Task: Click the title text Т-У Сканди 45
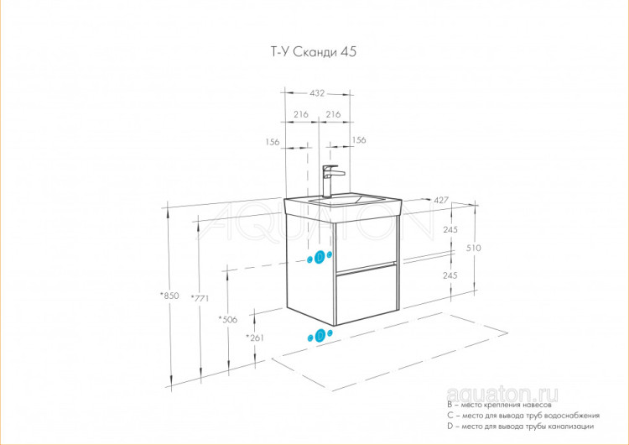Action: click(x=314, y=52)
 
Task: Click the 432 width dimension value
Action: click(x=317, y=93)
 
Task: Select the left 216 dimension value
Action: click(x=301, y=114)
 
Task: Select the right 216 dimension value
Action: click(x=333, y=114)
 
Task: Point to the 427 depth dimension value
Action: click(x=441, y=200)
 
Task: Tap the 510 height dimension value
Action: click(x=474, y=248)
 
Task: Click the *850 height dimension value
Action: click(x=169, y=296)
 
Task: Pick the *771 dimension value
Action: click(x=200, y=298)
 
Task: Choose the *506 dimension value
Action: click(x=228, y=320)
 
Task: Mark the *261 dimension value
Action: click(x=255, y=338)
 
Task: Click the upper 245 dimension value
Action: click(x=450, y=230)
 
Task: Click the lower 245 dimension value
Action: click(x=450, y=275)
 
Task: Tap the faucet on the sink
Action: click(x=331, y=181)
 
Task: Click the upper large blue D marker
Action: click(x=320, y=257)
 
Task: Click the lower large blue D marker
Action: click(x=320, y=335)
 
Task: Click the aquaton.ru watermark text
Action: click(x=502, y=395)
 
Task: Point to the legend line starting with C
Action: click(x=523, y=416)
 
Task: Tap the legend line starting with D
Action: click(x=520, y=427)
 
